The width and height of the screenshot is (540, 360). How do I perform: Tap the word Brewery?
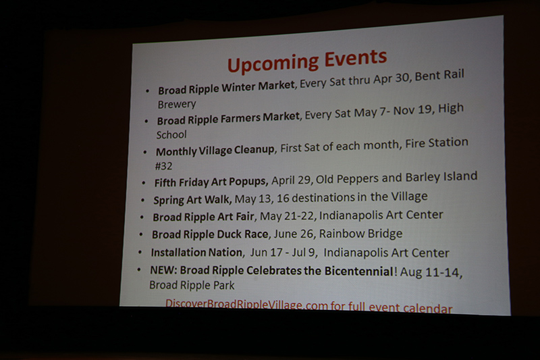(177, 105)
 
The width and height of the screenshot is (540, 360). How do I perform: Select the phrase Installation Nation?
(196, 253)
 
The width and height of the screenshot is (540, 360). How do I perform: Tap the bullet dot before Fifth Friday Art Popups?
(144, 183)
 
